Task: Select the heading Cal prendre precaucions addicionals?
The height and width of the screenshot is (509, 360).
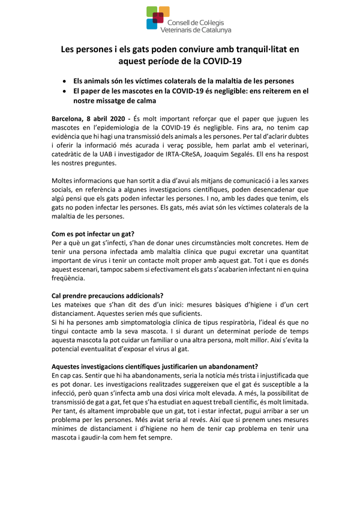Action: pos(107,295)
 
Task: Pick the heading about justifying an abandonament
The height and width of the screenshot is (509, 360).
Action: pos(155,366)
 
